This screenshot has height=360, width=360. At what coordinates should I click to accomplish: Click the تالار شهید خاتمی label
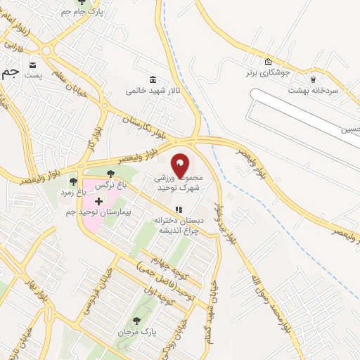[149, 91]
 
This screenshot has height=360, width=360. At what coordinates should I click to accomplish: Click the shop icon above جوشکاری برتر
[268, 61]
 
